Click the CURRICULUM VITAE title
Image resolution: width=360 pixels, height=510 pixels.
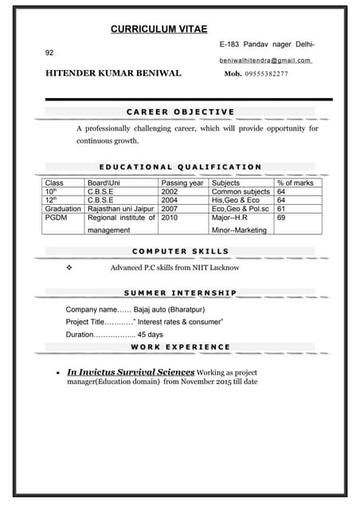(158, 29)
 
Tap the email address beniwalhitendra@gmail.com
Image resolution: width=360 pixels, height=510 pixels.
(265, 61)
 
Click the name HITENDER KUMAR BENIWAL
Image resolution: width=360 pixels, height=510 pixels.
(113, 73)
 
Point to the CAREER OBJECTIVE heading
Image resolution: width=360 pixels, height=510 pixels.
(181, 112)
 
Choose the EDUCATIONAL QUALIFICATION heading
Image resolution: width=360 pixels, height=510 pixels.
(180, 167)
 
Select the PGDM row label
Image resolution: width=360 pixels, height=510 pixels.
(57, 217)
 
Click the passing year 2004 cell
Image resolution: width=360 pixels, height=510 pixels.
(170, 200)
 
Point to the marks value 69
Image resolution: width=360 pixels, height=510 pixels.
(281, 217)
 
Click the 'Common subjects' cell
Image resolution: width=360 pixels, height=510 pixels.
(241, 192)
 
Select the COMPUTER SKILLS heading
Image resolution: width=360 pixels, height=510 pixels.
(180, 251)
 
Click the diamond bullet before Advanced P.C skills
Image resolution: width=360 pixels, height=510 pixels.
(70, 268)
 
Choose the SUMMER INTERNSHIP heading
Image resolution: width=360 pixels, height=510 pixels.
(180, 292)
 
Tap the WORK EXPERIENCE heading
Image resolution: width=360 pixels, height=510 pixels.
(180, 347)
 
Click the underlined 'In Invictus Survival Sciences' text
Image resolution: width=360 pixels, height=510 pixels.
(131, 372)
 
